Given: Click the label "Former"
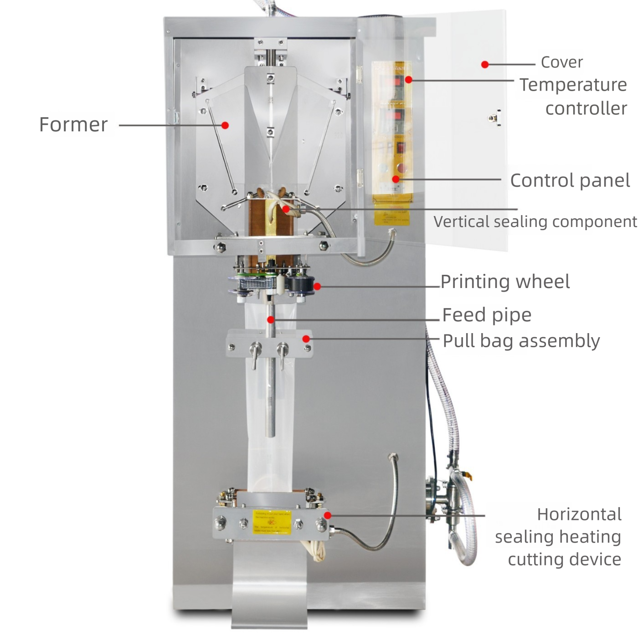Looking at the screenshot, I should [x=73, y=124].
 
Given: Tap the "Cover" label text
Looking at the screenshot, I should [x=561, y=62].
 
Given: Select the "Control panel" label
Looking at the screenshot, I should [x=570, y=180].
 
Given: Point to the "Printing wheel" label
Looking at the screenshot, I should [x=505, y=282].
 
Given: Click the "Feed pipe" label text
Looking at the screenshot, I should [x=487, y=315].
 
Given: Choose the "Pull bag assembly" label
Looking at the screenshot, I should [x=521, y=341].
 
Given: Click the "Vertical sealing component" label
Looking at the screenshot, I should [x=535, y=222].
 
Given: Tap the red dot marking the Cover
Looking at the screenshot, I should [x=485, y=65].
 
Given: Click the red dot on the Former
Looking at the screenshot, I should [x=225, y=125].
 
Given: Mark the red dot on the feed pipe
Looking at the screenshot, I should [x=271, y=319].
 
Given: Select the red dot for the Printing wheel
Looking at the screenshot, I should [x=317, y=287].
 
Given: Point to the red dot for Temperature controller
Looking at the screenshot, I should [x=409, y=80].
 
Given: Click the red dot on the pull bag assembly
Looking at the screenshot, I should [x=306, y=339].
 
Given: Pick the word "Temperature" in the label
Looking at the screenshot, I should [x=573, y=85].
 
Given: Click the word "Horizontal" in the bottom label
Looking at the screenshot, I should [x=579, y=514].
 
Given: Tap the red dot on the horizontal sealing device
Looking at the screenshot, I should [x=327, y=515].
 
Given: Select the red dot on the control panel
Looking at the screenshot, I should [x=396, y=179].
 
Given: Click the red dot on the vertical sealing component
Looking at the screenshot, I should [x=285, y=209].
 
